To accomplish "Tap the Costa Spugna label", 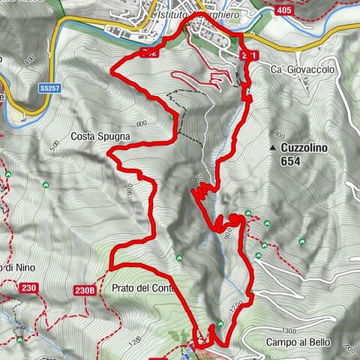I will click(101, 137).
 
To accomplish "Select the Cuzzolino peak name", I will click(306, 148).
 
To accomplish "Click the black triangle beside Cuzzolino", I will click(273, 148).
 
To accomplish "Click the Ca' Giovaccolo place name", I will click(301, 70).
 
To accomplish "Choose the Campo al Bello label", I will click(297, 342).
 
